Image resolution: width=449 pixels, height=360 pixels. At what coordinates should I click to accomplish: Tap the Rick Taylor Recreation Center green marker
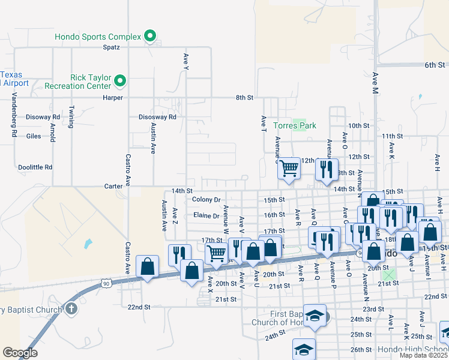119,80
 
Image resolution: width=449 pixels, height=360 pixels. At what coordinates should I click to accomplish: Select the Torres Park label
294,125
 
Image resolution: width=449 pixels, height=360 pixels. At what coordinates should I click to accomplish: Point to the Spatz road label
112,47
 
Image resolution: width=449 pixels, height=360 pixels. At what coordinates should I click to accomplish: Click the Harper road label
112,97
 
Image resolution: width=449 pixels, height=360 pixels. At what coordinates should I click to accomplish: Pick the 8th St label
244,97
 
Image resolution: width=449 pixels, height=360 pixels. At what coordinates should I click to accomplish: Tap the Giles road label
34,136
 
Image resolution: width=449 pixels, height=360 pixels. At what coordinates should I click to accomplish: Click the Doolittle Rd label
35,167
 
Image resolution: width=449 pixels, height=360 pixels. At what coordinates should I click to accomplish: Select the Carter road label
113,186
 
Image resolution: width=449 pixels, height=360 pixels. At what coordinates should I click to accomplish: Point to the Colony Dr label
206,199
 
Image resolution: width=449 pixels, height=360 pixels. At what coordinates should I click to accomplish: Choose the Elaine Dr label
206,215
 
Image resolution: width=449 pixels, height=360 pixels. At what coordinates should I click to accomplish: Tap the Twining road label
71,117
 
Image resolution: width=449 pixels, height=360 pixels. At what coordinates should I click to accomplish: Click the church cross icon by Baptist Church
71,309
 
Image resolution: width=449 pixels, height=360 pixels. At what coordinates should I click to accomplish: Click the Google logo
20,353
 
